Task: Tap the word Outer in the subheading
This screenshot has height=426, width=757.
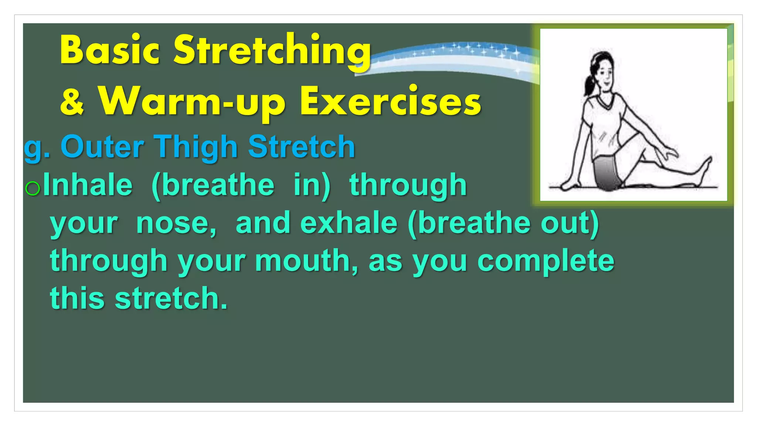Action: (x=102, y=147)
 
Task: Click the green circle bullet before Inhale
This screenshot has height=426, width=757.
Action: (x=33, y=188)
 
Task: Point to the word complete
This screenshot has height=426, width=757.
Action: (x=546, y=261)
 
